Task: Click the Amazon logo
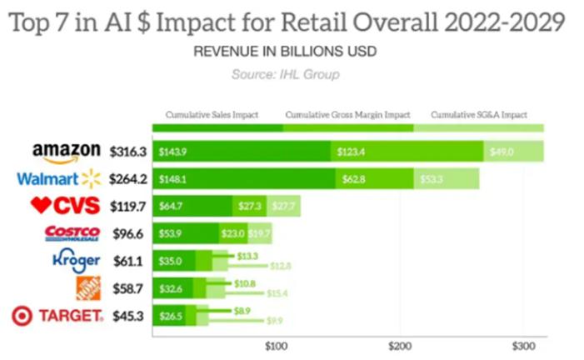click(x=67, y=152)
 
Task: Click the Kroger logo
click(x=76, y=261)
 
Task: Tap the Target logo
click(x=58, y=316)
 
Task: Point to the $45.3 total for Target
click(x=130, y=315)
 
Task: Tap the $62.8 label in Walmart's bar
click(x=353, y=178)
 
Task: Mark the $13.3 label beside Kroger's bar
click(x=248, y=256)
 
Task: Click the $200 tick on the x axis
click(x=399, y=343)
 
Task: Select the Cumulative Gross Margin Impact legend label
click(x=348, y=115)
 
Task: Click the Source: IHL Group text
click(x=286, y=74)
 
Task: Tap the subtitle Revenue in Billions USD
click(x=285, y=52)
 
